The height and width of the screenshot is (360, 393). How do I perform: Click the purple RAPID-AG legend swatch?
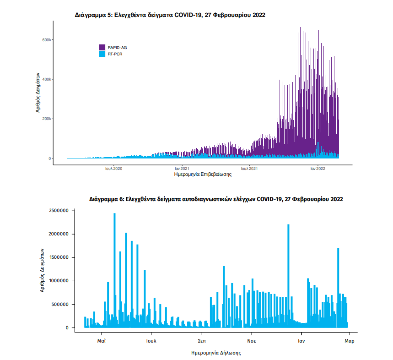pyautogui.click(x=102, y=47)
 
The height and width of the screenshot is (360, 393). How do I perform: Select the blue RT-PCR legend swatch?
pyautogui.click(x=102, y=54)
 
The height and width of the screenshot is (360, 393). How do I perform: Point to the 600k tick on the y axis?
pyautogui.click(x=47, y=40)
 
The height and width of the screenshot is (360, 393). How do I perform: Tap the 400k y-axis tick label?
pyautogui.click(x=47, y=79)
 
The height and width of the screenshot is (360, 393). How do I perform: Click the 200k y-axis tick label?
pyautogui.click(x=47, y=119)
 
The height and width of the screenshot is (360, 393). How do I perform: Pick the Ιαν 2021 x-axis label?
pyautogui.click(x=182, y=169)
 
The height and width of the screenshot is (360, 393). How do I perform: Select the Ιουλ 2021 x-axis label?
pyautogui.click(x=249, y=169)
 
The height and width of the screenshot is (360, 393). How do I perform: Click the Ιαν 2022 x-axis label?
pyautogui.click(x=318, y=169)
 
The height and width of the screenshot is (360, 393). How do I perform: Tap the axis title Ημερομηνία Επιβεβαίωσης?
pyautogui.click(x=203, y=175)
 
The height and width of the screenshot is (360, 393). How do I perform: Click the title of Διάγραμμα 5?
pyautogui.click(x=170, y=15)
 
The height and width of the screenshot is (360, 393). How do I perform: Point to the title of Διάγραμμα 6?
pyautogui.click(x=216, y=200)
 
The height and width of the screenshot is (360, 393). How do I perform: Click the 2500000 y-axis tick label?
pyautogui.click(x=58, y=211)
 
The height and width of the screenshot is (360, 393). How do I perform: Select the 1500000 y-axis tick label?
pyautogui.click(x=58, y=257)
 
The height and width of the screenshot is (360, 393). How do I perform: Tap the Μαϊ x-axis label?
pyautogui.click(x=102, y=341)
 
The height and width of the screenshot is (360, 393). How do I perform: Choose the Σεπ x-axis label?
pyautogui.click(x=201, y=341)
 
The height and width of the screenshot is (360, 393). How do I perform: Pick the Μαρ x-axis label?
pyautogui.click(x=350, y=341)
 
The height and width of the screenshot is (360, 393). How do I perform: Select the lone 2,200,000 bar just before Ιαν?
pyautogui.click(x=288, y=275)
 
